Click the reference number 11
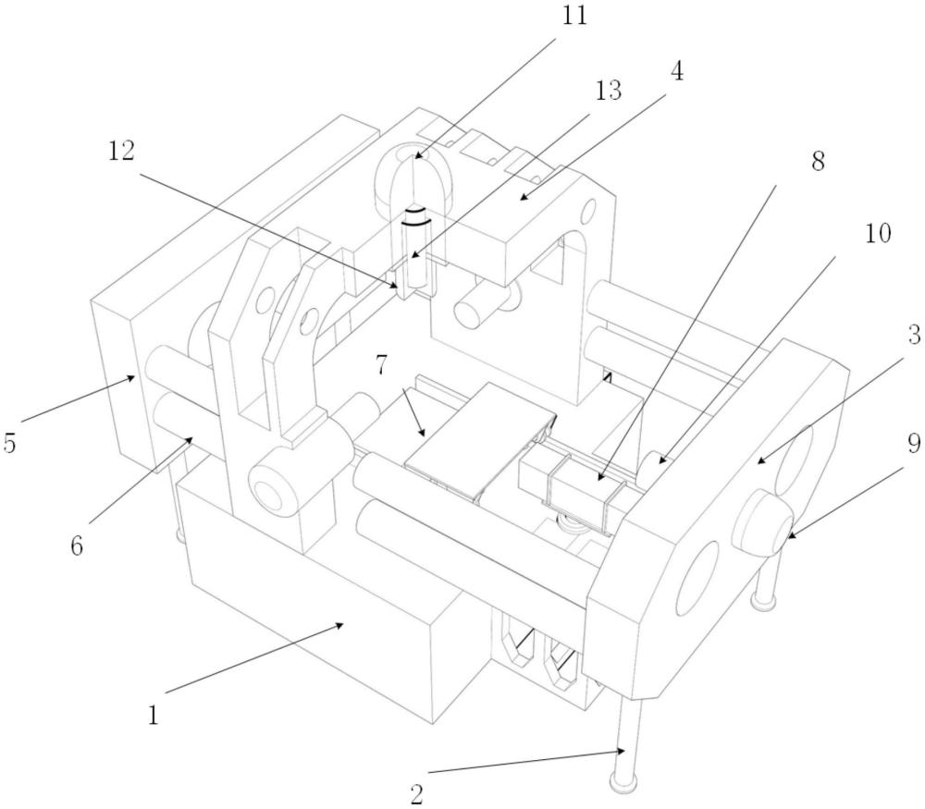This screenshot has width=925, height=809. point(574,16)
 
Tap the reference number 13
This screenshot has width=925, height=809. point(609,91)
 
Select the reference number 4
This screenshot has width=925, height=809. point(677,71)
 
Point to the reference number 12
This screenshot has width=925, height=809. point(121,152)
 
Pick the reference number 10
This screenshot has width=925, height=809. point(878,234)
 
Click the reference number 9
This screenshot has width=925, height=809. point(914,444)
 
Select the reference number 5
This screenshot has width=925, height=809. point(9,444)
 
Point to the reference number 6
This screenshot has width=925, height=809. point(77,546)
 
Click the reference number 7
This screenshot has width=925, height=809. point(381,366)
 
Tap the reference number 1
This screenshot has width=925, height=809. point(154,716)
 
